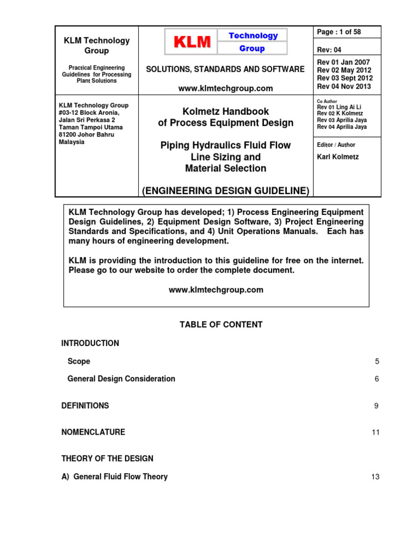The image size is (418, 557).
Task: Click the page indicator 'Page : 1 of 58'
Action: (339, 32)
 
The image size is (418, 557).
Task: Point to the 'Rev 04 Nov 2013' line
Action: (344, 86)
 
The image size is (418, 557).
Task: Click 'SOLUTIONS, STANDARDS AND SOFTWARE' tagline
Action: (225, 69)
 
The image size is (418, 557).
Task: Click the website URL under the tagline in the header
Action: (225, 88)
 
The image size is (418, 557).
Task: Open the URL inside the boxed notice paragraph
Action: (216, 290)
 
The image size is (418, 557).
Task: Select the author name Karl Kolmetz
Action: (339, 157)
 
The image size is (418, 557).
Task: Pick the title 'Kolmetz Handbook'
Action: (225, 111)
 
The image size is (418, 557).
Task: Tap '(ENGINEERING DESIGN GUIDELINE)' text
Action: (225, 190)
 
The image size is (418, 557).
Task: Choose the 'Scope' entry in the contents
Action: (79, 361)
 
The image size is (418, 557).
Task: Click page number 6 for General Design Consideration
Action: (377, 379)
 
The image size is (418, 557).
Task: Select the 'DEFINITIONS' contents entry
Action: (85, 406)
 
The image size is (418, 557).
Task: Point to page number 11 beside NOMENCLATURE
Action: (376, 432)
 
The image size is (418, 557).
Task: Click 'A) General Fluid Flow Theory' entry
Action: (114, 476)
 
